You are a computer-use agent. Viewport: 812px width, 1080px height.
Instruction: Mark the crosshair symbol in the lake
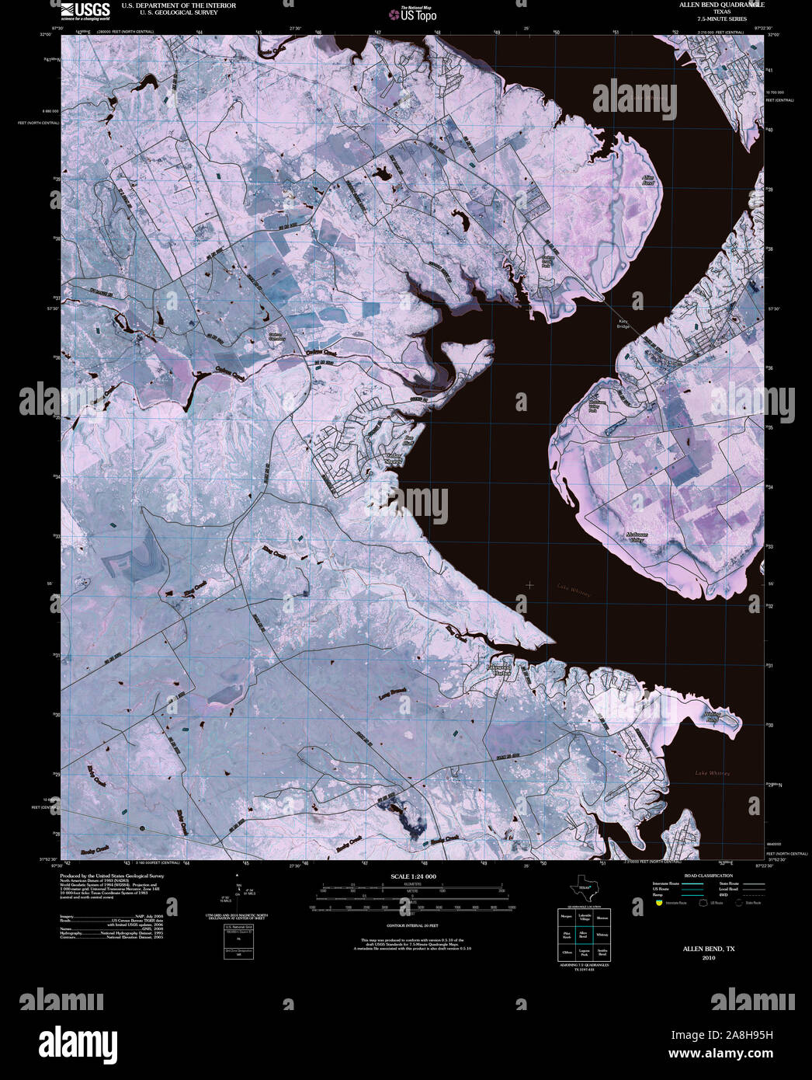[x=529, y=584]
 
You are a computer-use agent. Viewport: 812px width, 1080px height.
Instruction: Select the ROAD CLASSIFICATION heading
[x=703, y=876]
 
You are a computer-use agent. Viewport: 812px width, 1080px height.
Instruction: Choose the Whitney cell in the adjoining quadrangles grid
[x=602, y=935]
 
